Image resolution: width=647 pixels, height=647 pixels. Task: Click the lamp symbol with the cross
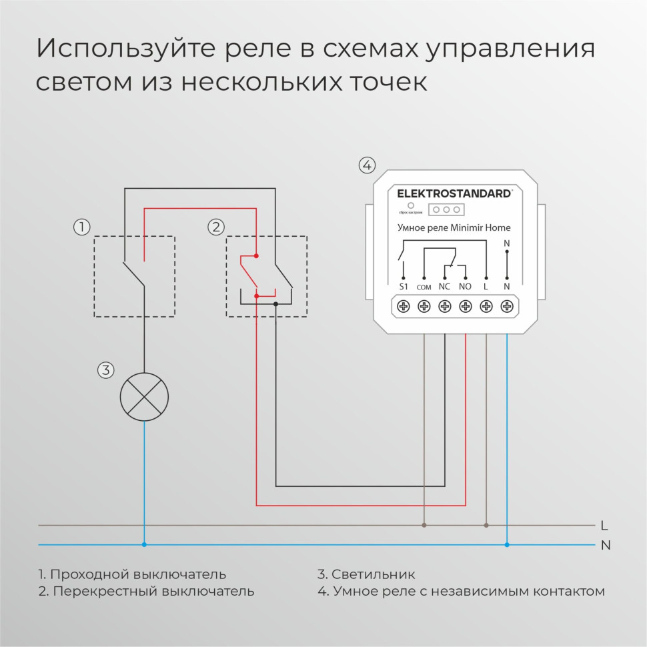pos(144,397)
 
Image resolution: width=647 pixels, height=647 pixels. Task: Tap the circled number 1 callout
pos(81,227)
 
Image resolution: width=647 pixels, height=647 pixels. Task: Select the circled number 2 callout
pos(216,227)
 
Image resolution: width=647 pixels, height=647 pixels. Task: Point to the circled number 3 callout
pos(106,370)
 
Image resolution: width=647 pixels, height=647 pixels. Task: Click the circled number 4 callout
pos(367,165)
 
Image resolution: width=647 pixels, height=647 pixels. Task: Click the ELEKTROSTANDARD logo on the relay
pos(454,193)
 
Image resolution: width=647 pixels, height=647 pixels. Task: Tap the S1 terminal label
pos(403,286)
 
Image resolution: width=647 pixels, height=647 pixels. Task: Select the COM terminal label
pos(424,287)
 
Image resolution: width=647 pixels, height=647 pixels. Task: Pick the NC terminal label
pos(444,286)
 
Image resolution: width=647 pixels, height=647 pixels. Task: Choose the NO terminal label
pos(466,286)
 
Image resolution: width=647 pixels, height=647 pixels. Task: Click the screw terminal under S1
pos(403,306)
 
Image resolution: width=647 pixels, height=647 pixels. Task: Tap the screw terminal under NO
pos(466,306)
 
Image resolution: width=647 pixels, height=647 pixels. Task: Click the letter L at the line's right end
pos(604,525)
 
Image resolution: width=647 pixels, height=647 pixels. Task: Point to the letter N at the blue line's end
pos(606,545)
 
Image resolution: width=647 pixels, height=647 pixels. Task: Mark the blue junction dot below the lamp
pos(144,544)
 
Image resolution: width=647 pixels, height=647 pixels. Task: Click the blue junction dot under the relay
pos(507,544)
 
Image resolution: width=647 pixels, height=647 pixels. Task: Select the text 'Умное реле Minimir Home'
pos(454,227)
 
